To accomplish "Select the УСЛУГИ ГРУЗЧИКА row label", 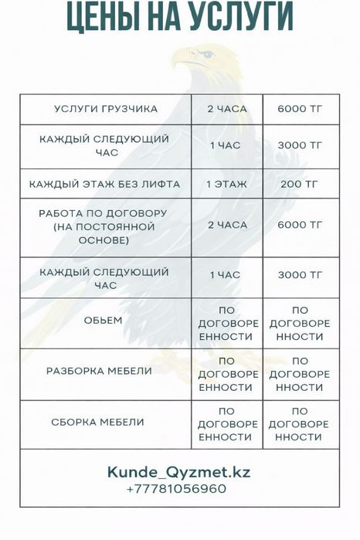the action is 106,109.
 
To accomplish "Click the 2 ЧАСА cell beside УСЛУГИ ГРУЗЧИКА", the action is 227,109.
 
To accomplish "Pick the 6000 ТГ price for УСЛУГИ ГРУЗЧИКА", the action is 300,109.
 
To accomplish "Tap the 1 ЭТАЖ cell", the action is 227,185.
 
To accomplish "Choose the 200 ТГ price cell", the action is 300,185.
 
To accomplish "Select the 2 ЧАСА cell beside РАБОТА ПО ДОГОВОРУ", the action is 227,225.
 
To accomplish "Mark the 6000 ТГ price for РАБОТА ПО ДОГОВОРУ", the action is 300,225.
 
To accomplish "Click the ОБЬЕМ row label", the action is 105,320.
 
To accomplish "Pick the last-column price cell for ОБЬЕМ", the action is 300,324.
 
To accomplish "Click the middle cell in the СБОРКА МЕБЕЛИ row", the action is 227,424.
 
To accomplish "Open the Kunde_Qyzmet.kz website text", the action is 178,471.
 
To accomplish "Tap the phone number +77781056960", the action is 177,489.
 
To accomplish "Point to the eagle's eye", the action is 207,54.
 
